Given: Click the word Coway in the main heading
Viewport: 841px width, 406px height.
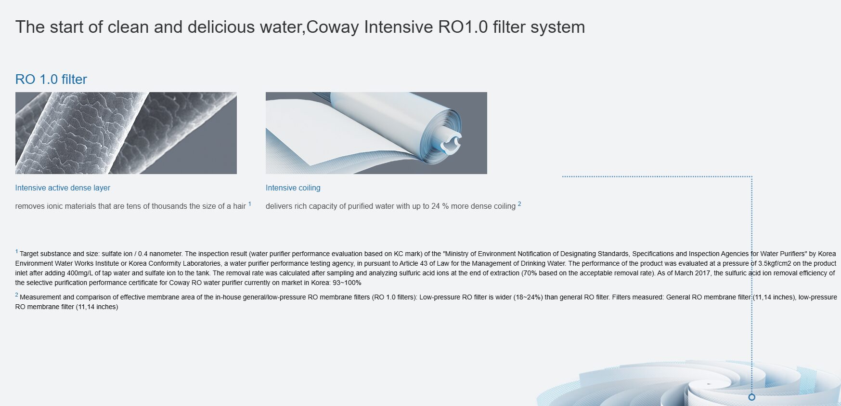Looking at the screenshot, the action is (333, 27).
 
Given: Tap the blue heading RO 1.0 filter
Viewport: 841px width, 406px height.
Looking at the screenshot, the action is (51, 79).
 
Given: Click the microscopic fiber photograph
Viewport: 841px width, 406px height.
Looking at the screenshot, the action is (126, 133).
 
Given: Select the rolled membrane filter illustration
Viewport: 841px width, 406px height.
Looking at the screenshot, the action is (376, 133).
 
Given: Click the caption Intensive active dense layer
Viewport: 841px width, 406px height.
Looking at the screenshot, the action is (63, 188).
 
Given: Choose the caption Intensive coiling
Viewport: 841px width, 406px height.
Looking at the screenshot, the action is (293, 188).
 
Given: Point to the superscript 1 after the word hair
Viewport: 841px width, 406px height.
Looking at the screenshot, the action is (250, 204).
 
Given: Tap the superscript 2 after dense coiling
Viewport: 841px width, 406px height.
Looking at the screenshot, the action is (519, 204).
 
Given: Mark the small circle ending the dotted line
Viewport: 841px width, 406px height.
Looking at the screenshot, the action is (752, 397).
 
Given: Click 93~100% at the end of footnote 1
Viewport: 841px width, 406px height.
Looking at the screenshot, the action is (347, 283).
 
